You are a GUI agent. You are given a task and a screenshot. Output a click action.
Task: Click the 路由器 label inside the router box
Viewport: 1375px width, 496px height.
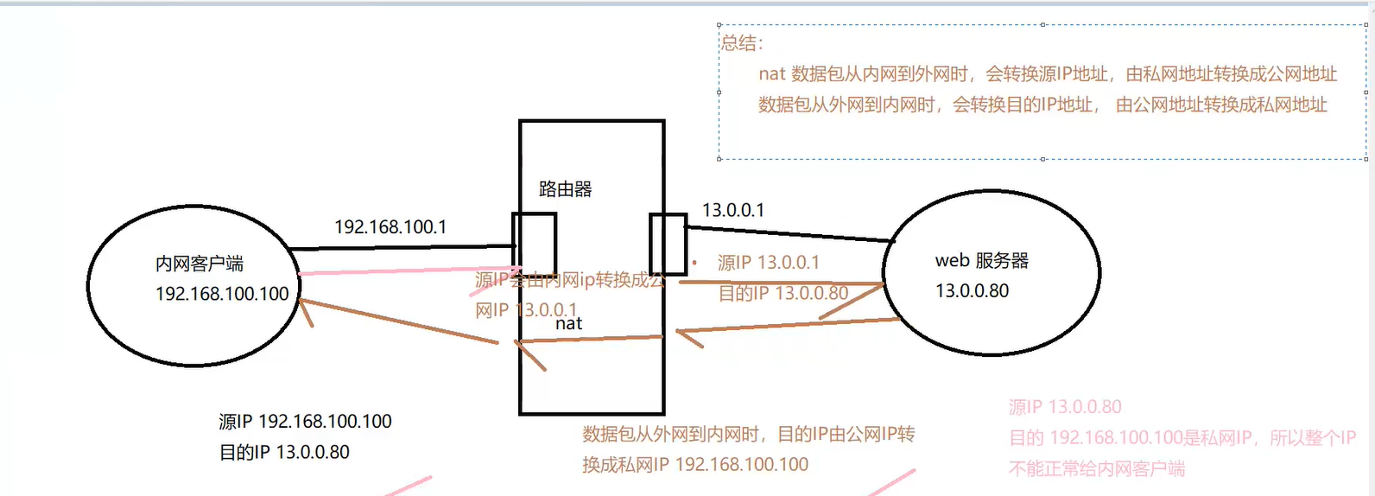(x=565, y=189)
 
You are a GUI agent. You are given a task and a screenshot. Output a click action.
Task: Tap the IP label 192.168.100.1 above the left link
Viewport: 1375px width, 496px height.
(x=390, y=227)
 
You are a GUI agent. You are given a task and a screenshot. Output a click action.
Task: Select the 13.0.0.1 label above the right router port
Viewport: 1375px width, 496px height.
(x=732, y=210)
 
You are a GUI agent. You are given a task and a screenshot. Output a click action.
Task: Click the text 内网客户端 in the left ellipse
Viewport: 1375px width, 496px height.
(x=200, y=264)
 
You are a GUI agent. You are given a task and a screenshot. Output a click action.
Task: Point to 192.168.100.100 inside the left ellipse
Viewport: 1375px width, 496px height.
(x=222, y=294)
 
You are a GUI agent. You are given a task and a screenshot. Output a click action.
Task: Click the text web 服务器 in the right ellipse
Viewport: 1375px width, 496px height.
(x=981, y=261)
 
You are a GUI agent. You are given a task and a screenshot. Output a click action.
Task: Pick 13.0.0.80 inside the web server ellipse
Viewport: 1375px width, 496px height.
(x=972, y=291)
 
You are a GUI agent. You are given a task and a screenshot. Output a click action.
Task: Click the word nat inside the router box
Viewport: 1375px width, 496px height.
(x=568, y=324)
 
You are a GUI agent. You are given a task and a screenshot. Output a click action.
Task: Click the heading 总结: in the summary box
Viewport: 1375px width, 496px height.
(x=742, y=43)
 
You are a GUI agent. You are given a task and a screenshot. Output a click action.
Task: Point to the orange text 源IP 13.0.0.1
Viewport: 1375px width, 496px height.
(x=768, y=263)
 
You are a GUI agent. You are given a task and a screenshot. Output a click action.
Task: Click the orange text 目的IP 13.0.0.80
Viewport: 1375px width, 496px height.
(x=783, y=294)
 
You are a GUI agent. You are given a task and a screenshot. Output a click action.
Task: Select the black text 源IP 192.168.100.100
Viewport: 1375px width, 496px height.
(x=305, y=422)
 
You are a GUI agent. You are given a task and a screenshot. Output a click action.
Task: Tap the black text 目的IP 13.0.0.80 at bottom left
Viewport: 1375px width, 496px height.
(x=284, y=452)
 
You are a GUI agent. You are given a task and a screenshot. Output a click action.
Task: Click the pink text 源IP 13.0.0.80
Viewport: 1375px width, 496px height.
(x=1065, y=407)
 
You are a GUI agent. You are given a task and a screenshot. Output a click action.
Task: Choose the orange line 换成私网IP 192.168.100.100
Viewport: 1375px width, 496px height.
(x=694, y=465)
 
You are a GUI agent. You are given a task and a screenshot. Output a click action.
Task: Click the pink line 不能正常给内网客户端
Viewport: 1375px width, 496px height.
(x=1096, y=469)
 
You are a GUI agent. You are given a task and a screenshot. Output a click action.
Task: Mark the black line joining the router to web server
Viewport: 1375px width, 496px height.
(x=786, y=233)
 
